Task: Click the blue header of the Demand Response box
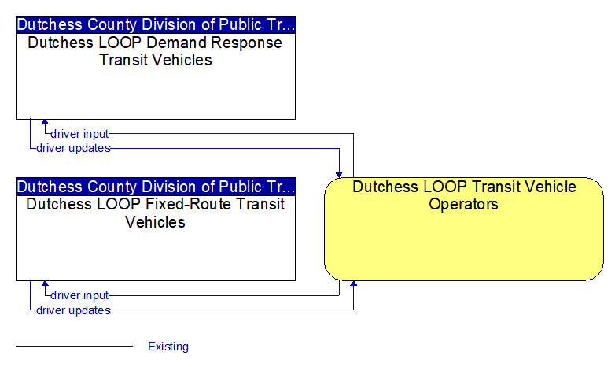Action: (x=156, y=24)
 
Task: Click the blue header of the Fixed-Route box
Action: (x=156, y=187)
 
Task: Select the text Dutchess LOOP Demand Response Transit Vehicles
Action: (x=155, y=51)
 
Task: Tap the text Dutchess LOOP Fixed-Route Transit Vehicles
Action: (x=155, y=213)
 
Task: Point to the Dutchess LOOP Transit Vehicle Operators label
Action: (x=464, y=195)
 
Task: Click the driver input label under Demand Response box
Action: (x=79, y=134)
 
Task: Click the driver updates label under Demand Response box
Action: (x=73, y=148)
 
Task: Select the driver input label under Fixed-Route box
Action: (x=79, y=295)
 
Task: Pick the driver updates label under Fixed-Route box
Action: (x=73, y=310)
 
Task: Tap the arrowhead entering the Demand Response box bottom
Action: (x=45, y=122)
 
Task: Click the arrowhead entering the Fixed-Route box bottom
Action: (x=45, y=284)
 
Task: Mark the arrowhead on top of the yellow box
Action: (x=339, y=175)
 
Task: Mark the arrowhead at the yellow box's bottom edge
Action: (x=353, y=284)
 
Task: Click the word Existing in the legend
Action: (x=168, y=347)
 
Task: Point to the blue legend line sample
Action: (x=74, y=347)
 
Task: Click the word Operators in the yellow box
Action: (x=463, y=204)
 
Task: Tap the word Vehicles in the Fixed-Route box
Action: (x=155, y=222)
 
